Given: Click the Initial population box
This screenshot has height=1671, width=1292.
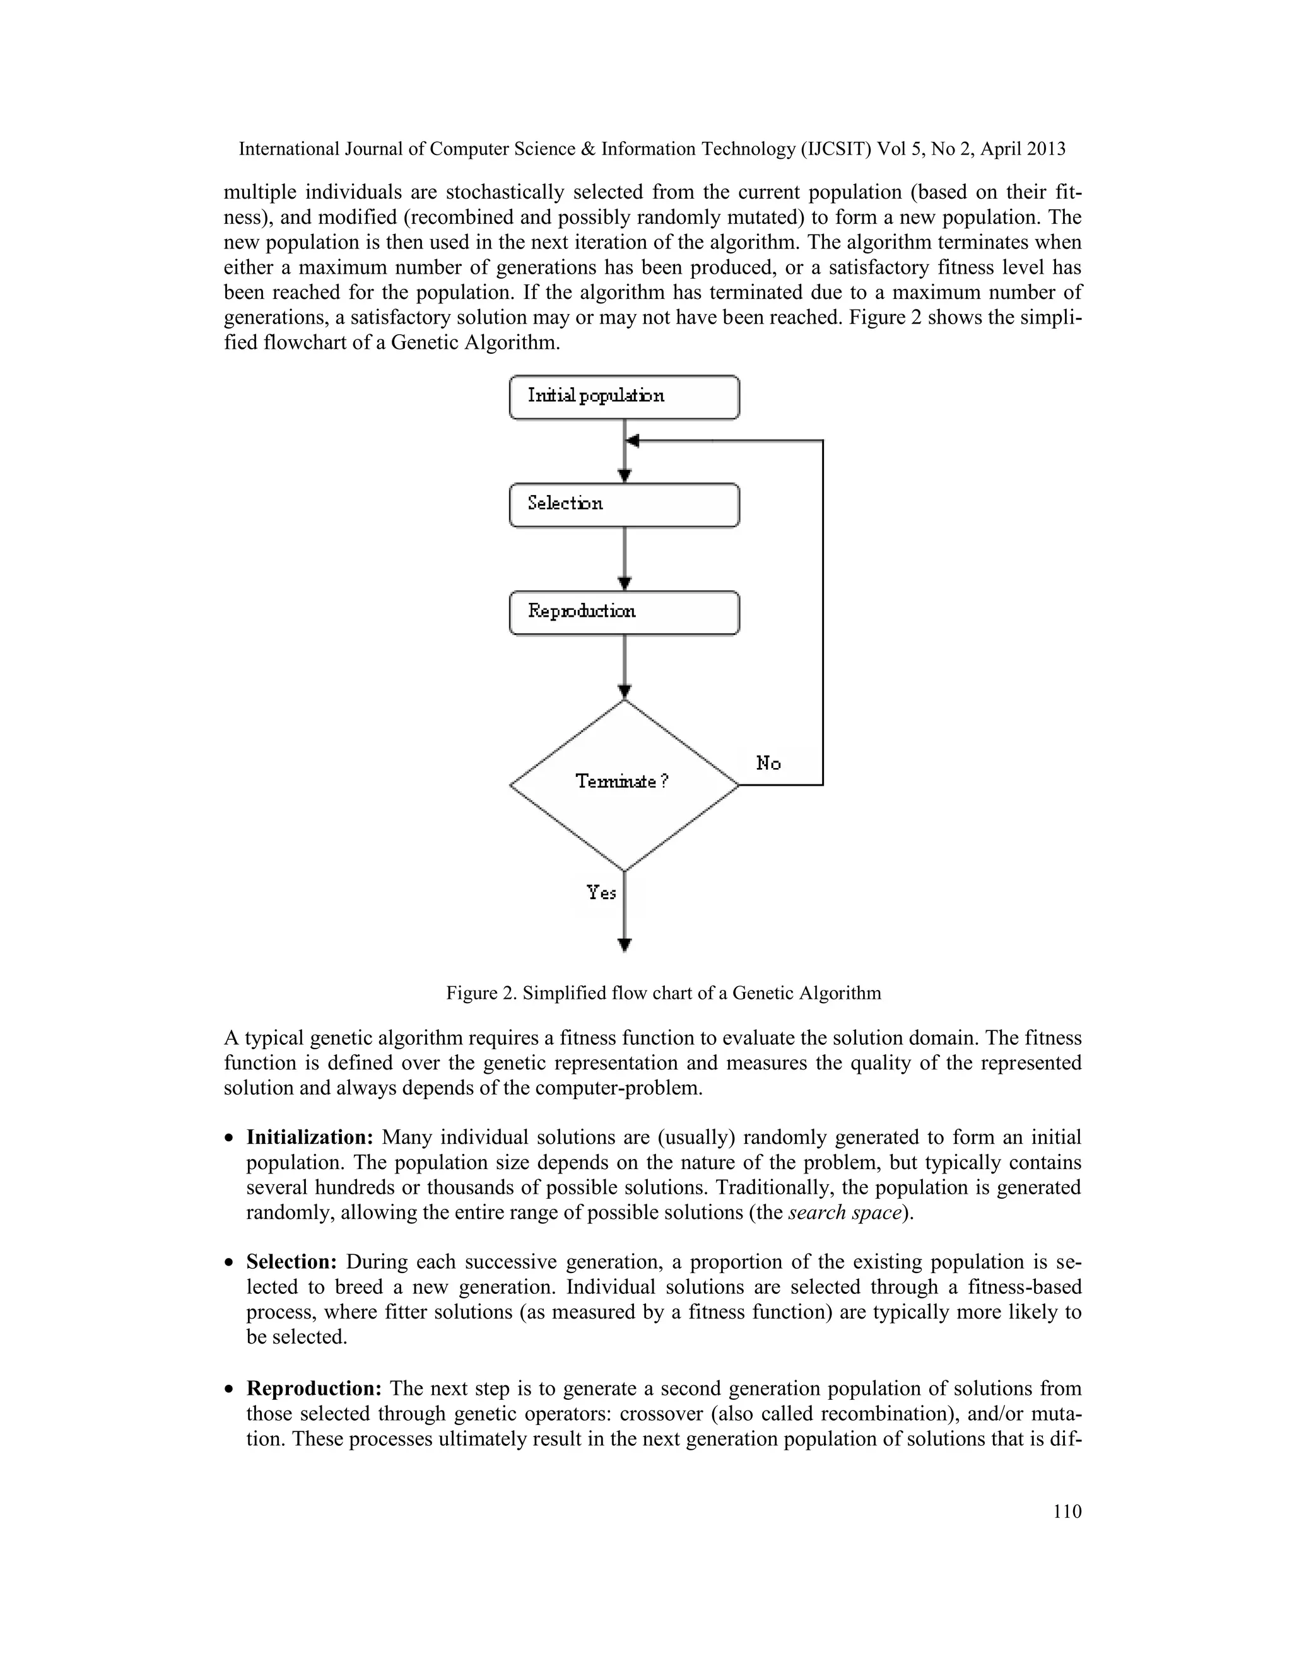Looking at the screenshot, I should tap(624, 397).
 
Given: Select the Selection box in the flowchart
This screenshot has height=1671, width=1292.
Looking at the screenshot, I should tap(624, 505).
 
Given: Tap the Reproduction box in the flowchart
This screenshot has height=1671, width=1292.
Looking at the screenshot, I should tap(624, 613).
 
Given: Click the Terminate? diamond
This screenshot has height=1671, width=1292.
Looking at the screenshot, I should tap(624, 785).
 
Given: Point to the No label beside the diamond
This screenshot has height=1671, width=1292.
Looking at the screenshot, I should tap(768, 763).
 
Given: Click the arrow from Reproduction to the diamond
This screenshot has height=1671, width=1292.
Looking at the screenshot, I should tap(625, 666).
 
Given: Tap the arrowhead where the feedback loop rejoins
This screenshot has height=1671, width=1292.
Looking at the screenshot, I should tap(632, 441).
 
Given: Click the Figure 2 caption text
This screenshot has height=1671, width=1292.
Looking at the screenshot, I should tap(664, 993).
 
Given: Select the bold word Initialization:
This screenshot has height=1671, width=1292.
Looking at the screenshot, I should tap(309, 1138).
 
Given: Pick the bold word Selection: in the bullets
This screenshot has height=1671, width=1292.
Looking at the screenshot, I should tap(291, 1262).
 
